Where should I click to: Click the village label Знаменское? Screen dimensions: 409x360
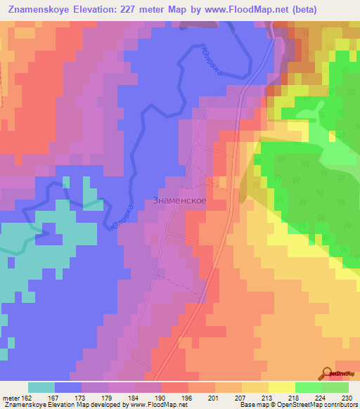pos(179,200)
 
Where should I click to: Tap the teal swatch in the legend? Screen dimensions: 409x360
pos(41,387)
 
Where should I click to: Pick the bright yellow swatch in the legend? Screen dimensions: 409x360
pos(281,387)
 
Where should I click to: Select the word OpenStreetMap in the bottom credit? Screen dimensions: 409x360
pos(288,405)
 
